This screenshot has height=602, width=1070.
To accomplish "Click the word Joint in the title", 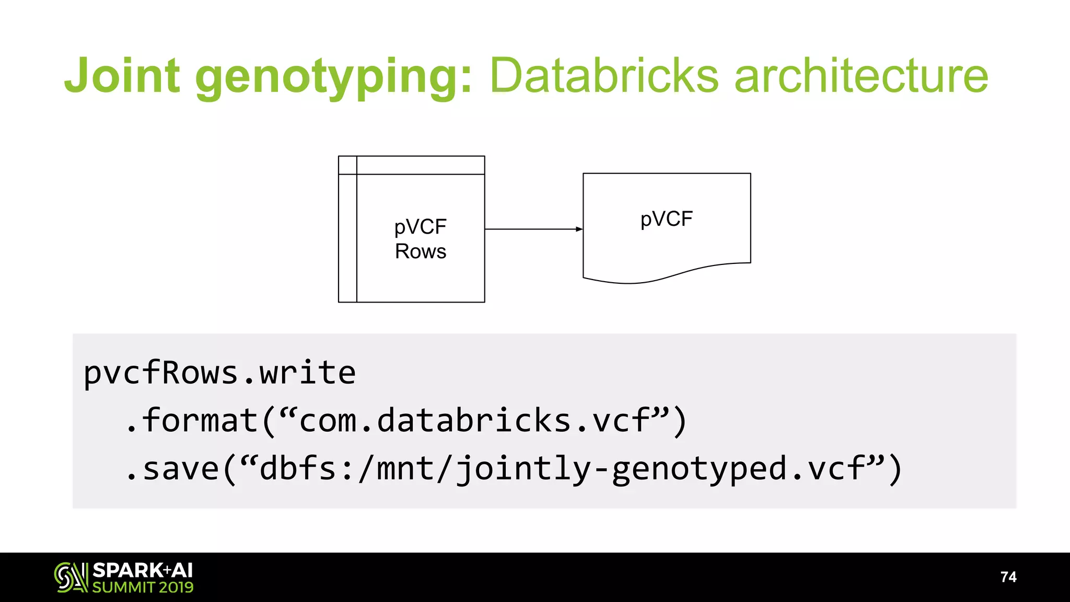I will pyautogui.click(x=122, y=76).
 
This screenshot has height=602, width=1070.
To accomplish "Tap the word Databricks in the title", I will pyautogui.click(x=604, y=76).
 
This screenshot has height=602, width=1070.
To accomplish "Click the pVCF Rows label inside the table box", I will pyautogui.click(x=420, y=239).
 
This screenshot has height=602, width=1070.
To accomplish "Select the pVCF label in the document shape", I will pyautogui.click(x=666, y=219).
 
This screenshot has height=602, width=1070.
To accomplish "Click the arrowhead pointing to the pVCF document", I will pyautogui.click(x=579, y=229).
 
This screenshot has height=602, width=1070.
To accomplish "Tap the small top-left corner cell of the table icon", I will pyautogui.click(x=347, y=165).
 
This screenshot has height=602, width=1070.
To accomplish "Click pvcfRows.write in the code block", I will pyautogui.click(x=219, y=373).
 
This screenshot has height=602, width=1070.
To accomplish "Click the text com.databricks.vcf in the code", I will pyautogui.click(x=474, y=421).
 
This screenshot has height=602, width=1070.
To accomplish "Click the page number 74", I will pyautogui.click(x=1008, y=577).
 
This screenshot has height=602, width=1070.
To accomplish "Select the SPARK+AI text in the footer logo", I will pyautogui.click(x=143, y=570).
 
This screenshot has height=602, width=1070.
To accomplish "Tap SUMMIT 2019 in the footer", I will pyautogui.click(x=143, y=587).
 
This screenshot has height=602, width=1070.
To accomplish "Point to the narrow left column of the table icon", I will pyautogui.click(x=347, y=238).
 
